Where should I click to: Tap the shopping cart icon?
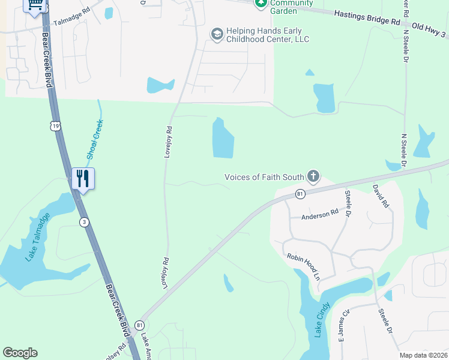35,5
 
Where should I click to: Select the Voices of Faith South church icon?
313,176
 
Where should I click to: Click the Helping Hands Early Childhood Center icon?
216,35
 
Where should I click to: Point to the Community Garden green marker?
261,4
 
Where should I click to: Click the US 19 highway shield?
55,126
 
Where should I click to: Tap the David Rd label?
381,196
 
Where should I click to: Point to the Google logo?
20,353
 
